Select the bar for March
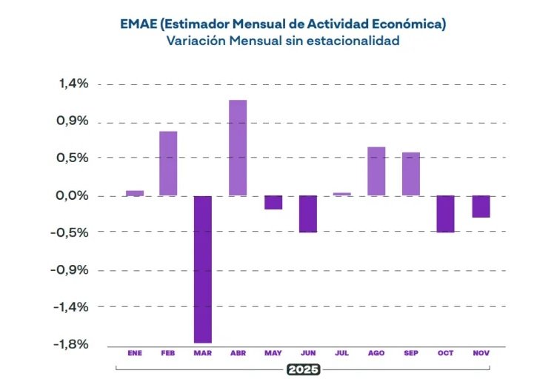click(x=202, y=269)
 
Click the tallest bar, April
click(x=238, y=148)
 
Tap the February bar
click(x=168, y=164)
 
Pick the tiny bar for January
click(x=134, y=193)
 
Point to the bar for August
click(x=376, y=171)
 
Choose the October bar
click(x=446, y=214)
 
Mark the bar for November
click(x=481, y=206)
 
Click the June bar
click(x=307, y=214)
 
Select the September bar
click(x=411, y=174)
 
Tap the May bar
click(x=273, y=203)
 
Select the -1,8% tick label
click(x=71, y=344)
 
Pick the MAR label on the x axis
click(x=202, y=354)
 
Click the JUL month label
click(x=341, y=354)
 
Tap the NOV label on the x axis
click(x=481, y=354)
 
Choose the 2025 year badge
click(x=302, y=369)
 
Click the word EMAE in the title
click(x=138, y=24)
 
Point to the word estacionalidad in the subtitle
click(x=353, y=41)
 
